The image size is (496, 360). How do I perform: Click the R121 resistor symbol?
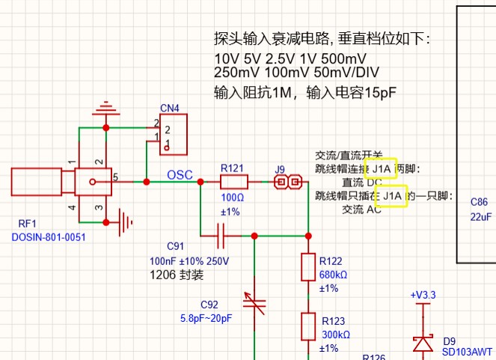(x=234, y=182)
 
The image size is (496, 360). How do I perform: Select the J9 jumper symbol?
(x=287, y=182)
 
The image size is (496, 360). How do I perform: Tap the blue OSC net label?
(x=180, y=175)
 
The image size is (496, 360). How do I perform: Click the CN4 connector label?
(x=170, y=109)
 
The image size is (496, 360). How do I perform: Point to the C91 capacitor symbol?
(x=220, y=237)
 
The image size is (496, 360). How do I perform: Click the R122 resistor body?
(x=307, y=267)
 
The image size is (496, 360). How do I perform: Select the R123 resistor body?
(x=307, y=327)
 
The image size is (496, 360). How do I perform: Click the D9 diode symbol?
(x=423, y=344)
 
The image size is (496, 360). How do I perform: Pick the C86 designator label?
(x=479, y=203)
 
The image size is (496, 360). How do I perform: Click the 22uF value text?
(x=480, y=217)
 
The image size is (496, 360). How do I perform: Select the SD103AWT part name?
(x=468, y=352)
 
